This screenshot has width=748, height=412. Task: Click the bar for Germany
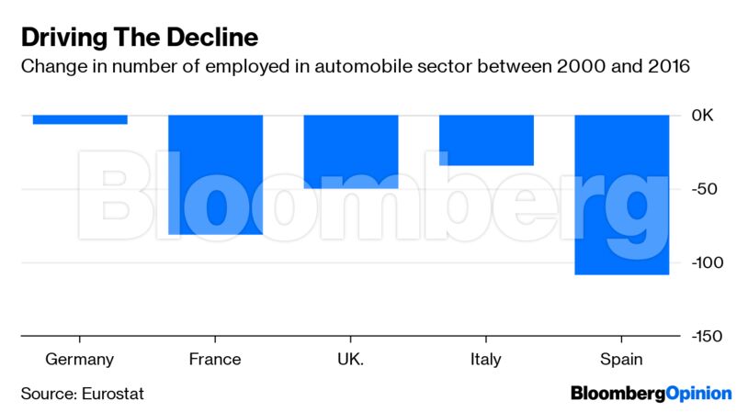pyautogui.click(x=80, y=119)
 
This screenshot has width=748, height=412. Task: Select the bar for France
pyautogui.click(x=215, y=174)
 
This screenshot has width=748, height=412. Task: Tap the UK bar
pyautogui.click(x=351, y=151)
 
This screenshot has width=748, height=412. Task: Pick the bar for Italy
pyautogui.click(x=486, y=139)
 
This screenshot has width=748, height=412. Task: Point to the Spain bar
pyautogui.click(x=621, y=195)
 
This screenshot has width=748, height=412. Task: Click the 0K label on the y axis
pyautogui.click(x=703, y=116)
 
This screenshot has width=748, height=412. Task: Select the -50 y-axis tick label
pyautogui.click(x=703, y=189)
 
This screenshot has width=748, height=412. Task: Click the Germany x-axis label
pyautogui.click(x=80, y=359)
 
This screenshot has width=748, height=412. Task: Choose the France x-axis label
pyautogui.click(x=215, y=359)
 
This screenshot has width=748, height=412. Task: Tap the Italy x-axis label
pyautogui.click(x=486, y=359)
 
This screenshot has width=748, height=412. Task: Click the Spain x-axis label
pyautogui.click(x=621, y=359)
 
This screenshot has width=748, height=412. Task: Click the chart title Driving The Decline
pyautogui.click(x=139, y=38)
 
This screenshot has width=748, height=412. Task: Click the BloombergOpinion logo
pyautogui.click(x=651, y=394)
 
